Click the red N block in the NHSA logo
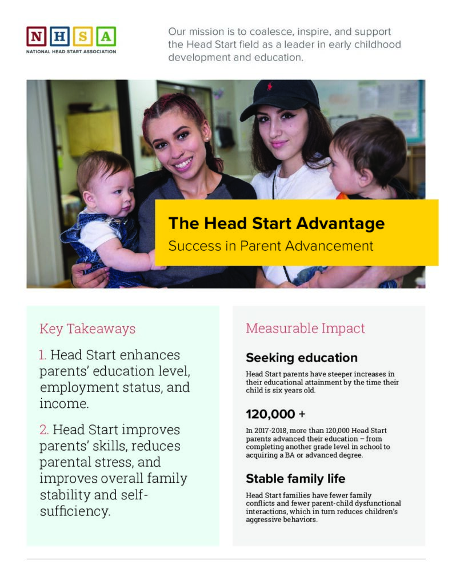coord(37,37)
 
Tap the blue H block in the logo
coord(59,37)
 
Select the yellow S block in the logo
coord(83,37)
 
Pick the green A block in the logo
coord(106,37)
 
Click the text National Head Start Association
coord(71,51)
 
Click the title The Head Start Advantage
coord(276,223)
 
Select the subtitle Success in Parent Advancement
coord(270,246)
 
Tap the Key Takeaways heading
coord(87,328)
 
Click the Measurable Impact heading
coord(305,328)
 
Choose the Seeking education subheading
coord(301,358)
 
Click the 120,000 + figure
coord(276,414)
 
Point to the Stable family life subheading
coord(295,478)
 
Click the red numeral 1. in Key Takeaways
coord(43,355)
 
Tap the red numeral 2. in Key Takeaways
coord(44,430)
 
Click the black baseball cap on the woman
coord(280,98)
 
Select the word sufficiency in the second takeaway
coord(74,511)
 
